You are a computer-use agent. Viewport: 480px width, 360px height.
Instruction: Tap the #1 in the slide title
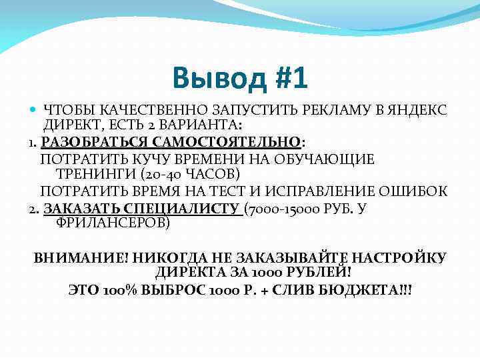tap(290, 77)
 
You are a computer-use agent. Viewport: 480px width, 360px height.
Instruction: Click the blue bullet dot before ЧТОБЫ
tap(33, 109)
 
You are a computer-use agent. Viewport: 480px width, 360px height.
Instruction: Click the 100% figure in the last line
tap(119, 291)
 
